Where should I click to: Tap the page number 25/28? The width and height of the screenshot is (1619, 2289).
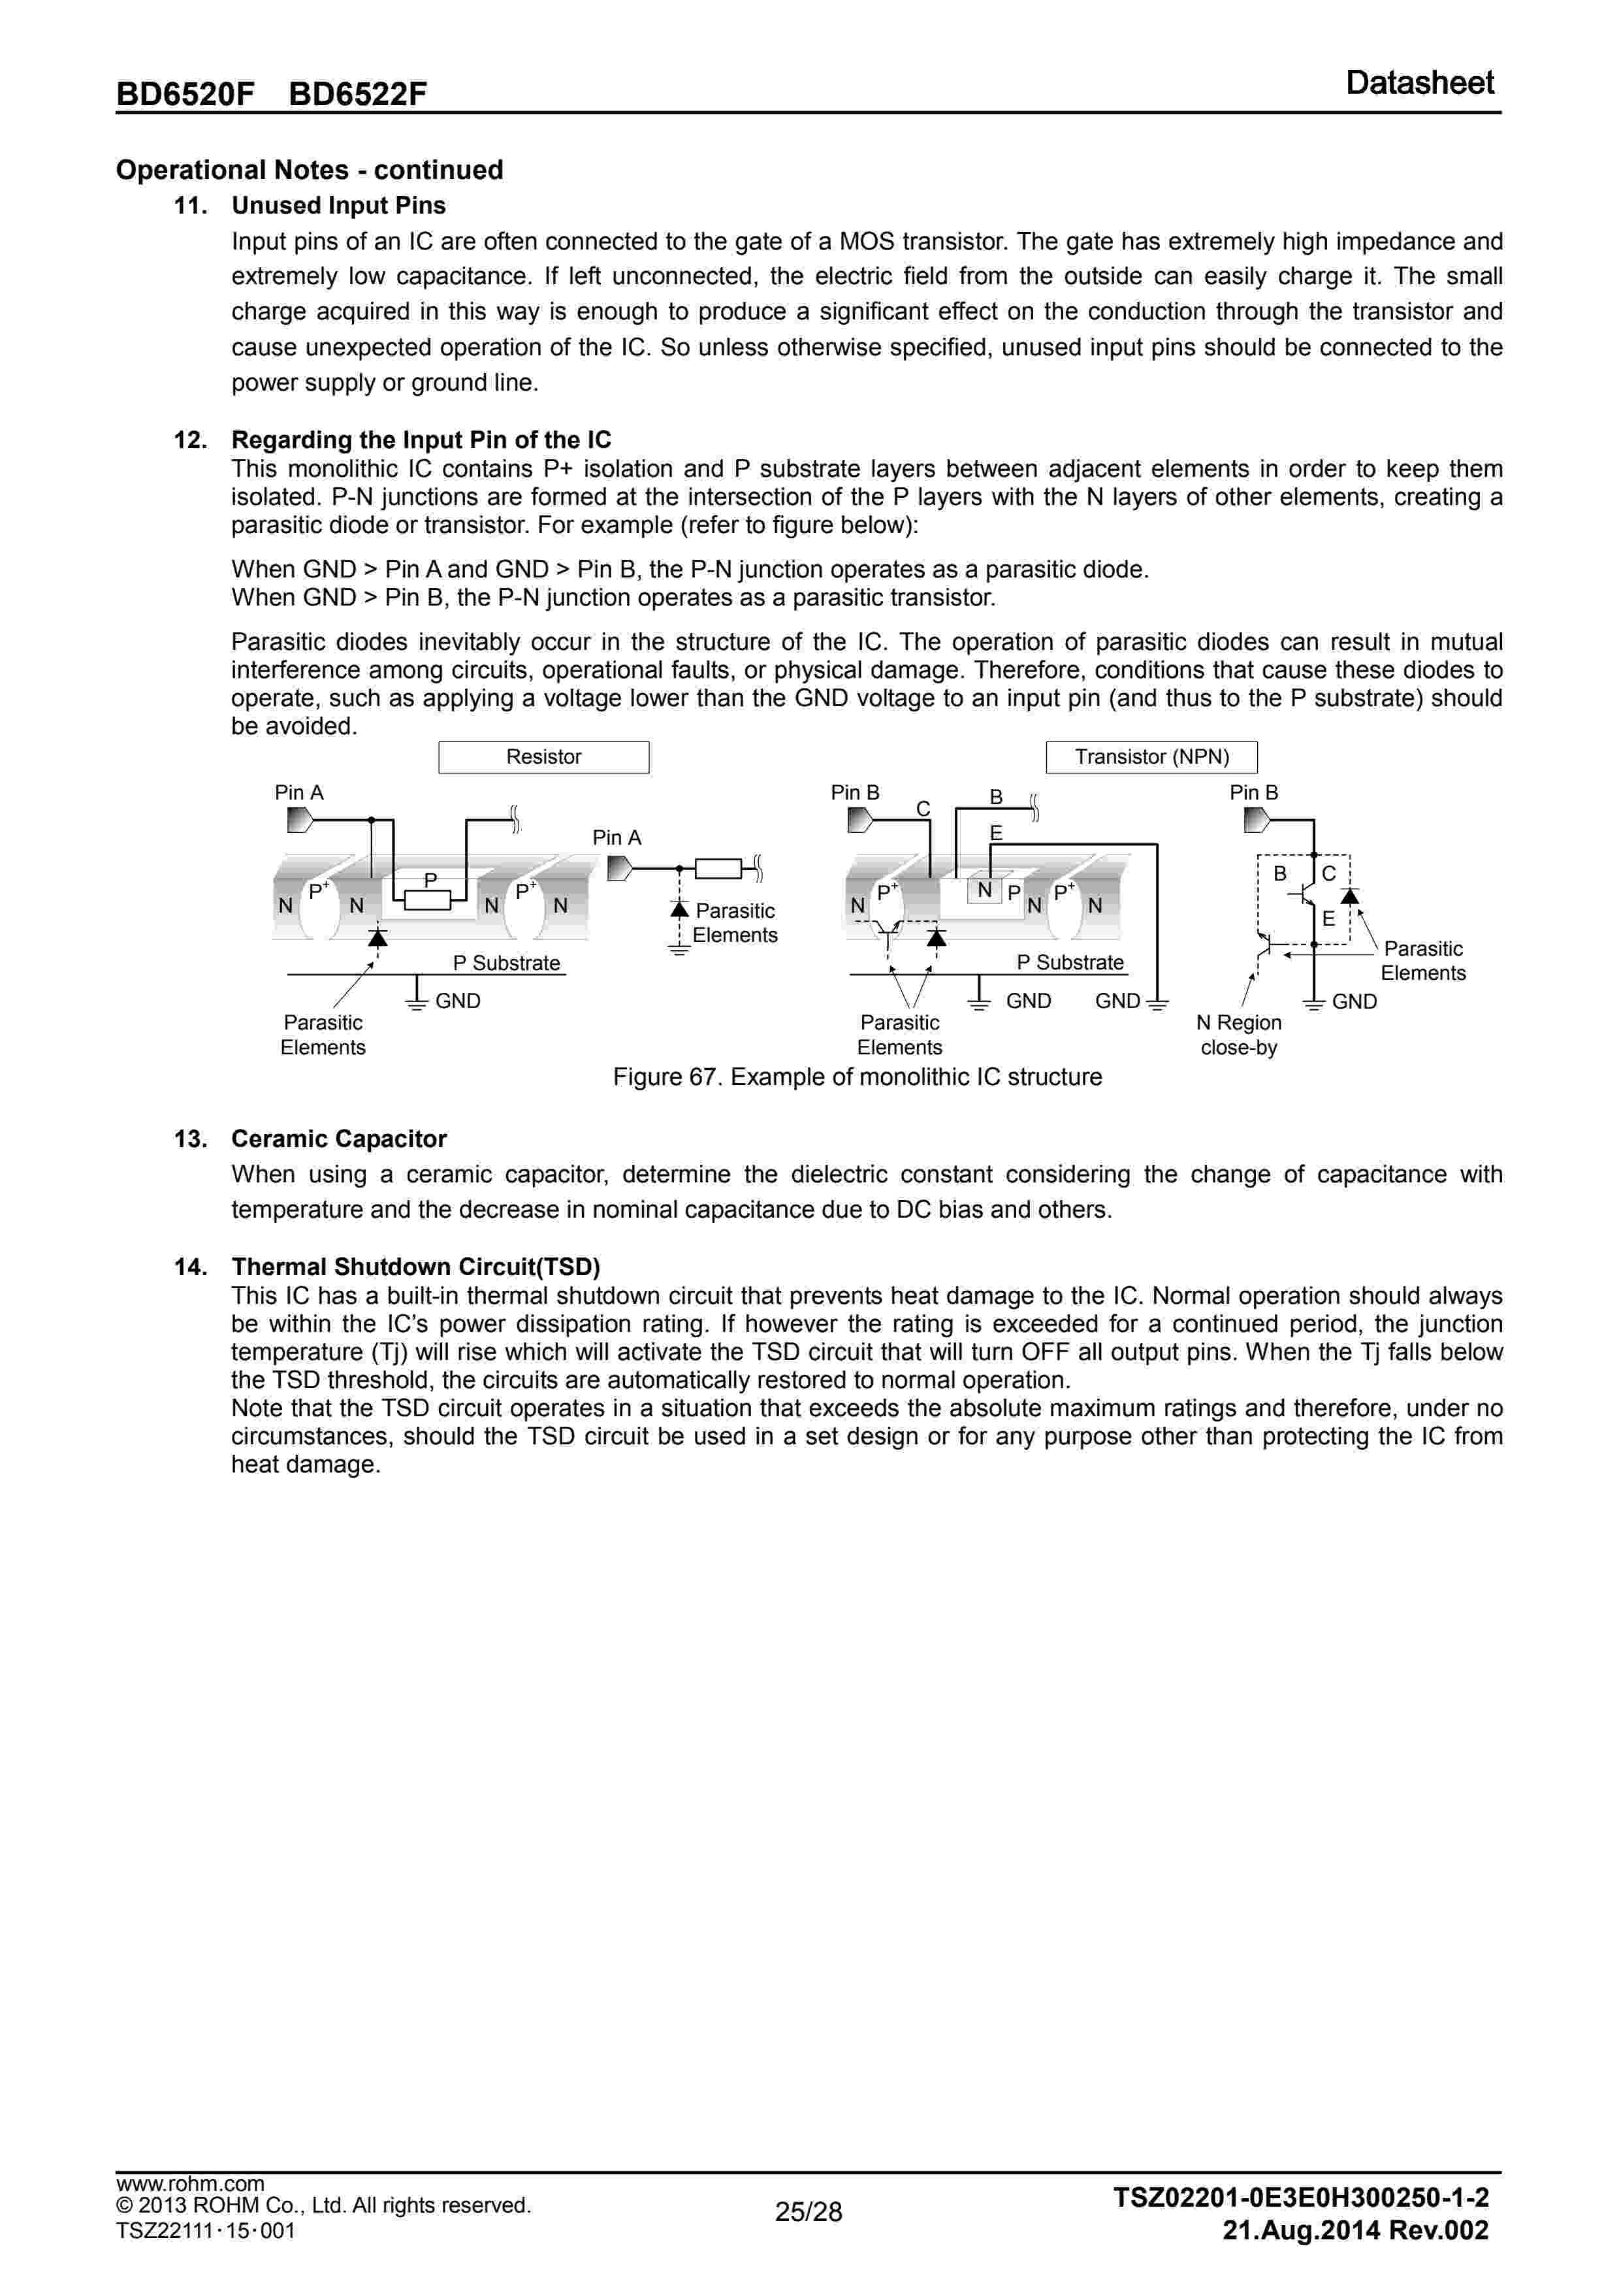point(809,2212)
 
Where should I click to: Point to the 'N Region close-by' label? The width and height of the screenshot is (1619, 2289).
point(1238,1035)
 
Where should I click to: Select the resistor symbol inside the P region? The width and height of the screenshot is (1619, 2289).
point(428,900)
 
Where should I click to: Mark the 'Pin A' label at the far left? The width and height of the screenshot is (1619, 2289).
point(299,792)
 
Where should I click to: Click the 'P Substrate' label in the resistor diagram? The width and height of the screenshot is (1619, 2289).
point(506,963)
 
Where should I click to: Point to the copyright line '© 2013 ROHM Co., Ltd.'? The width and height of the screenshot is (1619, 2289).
point(323,2205)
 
